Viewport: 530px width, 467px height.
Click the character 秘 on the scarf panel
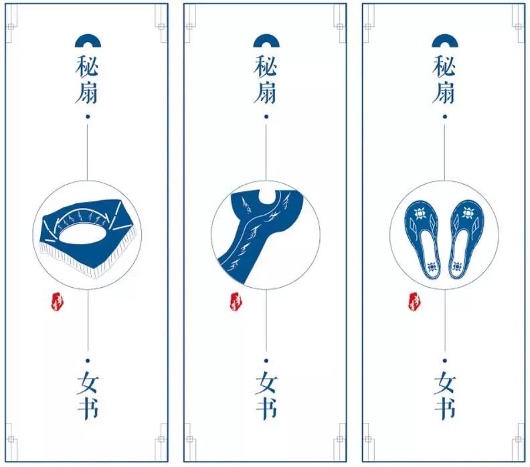[x=87, y=66]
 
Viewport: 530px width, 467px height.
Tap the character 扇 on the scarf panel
[x=87, y=92]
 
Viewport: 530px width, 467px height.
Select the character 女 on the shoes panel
[x=445, y=383]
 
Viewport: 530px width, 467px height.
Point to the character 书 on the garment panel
[x=266, y=408]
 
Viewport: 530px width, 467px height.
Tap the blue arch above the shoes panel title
[x=445, y=40]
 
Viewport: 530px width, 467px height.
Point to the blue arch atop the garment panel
[x=266, y=40]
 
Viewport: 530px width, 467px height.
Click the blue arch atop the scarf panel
[x=88, y=40]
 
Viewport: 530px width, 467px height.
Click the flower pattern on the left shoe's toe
[x=420, y=214]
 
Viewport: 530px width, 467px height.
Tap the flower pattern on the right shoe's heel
[x=458, y=267]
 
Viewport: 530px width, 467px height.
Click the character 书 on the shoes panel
[x=445, y=408]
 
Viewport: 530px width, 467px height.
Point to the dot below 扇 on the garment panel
[x=266, y=116]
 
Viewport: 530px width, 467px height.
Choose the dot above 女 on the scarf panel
[x=88, y=361]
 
